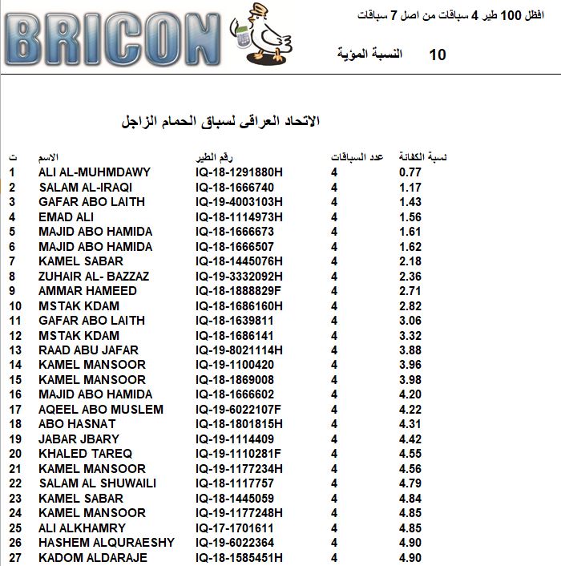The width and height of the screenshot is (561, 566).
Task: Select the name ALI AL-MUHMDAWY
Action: pyautogui.click(x=95, y=172)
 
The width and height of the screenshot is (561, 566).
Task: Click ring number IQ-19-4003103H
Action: pyautogui.click(x=239, y=202)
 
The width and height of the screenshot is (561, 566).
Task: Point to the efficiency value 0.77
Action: pyautogui.click(x=410, y=172)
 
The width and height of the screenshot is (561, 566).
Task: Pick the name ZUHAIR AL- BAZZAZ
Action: pyautogui.click(x=93, y=276)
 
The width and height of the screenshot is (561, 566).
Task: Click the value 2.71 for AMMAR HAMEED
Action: pyautogui.click(x=410, y=291)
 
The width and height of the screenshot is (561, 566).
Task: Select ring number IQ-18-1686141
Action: pyautogui.click(x=235, y=335)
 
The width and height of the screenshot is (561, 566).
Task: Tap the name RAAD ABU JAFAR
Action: pyautogui.click(x=88, y=350)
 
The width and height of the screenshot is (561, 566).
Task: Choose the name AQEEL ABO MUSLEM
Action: pyautogui.click(x=101, y=410)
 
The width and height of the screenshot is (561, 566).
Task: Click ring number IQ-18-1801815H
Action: pyautogui.click(x=239, y=424)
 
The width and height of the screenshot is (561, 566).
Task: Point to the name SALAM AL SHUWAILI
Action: pyautogui.click(x=98, y=483)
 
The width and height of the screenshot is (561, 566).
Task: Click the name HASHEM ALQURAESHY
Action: pyautogui.click(x=107, y=543)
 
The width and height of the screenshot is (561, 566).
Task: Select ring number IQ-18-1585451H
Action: pyautogui.click(x=239, y=557)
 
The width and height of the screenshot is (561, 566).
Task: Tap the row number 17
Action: pyautogui.click(x=15, y=410)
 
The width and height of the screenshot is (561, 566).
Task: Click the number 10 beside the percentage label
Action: pyautogui.click(x=438, y=55)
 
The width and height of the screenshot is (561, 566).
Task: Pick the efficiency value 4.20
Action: pyautogui.click(x=410, y=394)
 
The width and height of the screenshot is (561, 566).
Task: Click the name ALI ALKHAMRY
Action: pyautogui.click(x=82, y=528)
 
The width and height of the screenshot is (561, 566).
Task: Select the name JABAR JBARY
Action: pyautogui.click(x=79, y=439)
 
